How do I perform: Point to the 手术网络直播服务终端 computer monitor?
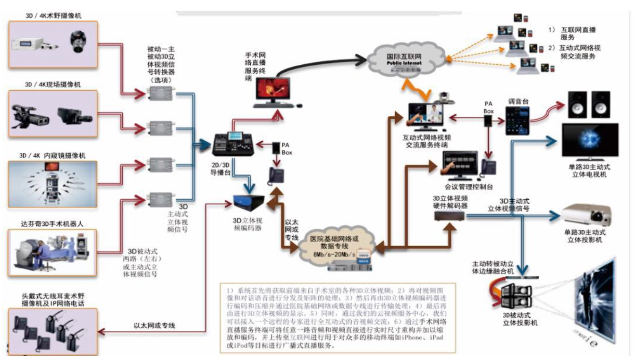click(274, 90)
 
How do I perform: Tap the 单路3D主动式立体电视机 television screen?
click(590, 142)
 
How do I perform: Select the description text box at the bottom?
click(338, 317)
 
